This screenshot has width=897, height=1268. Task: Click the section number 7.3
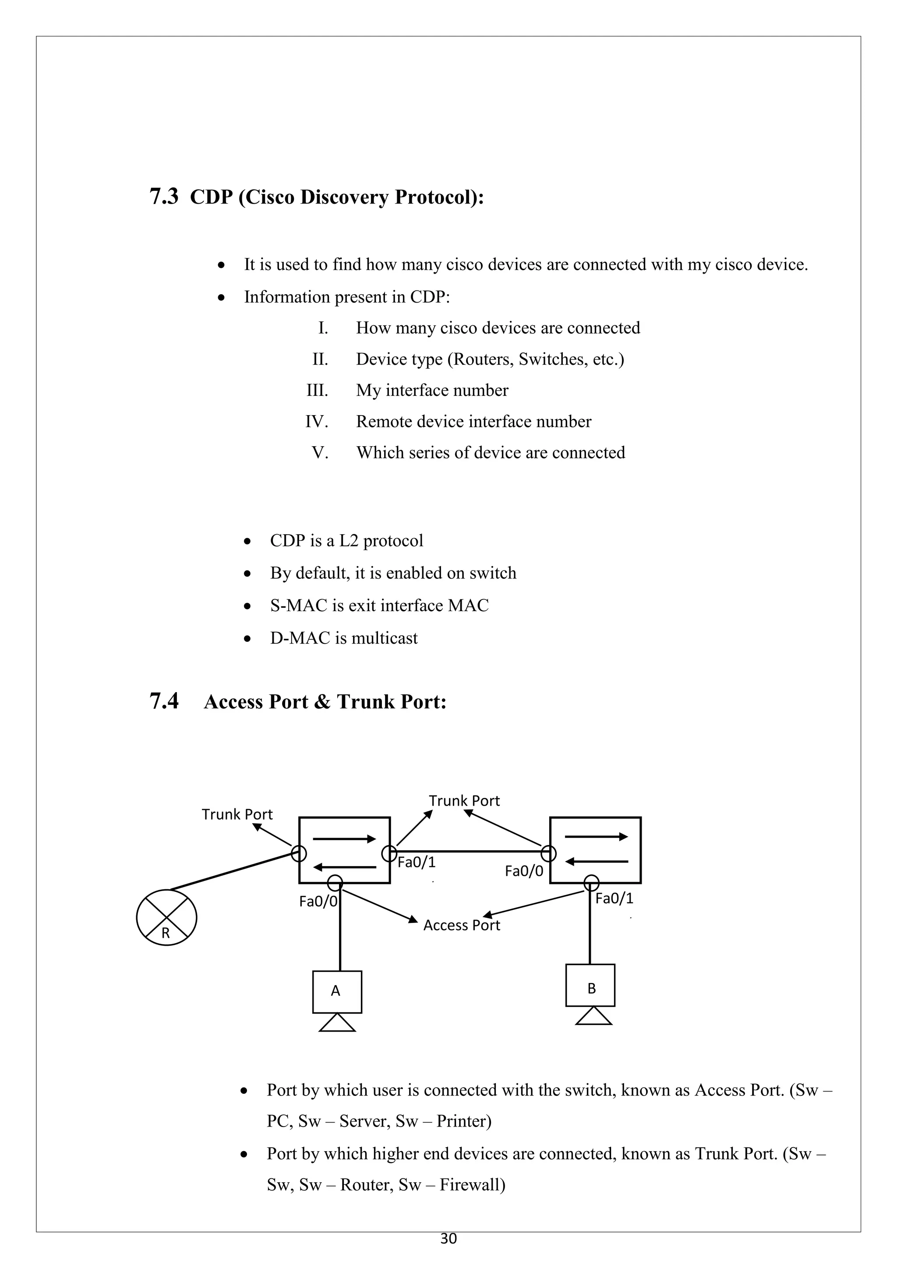click(164, 197)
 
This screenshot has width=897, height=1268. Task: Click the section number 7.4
click(164, 701)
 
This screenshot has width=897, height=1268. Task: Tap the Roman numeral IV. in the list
click(317, 421)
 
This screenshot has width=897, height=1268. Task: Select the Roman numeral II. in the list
click(320, 359)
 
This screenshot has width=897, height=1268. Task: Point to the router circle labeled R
click(166, 917)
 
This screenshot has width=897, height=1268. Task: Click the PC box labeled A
click(337, 991)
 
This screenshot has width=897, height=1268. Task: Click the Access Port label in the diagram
click(461, 925)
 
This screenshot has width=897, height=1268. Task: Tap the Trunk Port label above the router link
click(237, 814)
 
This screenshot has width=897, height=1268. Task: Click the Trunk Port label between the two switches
click(464, 800)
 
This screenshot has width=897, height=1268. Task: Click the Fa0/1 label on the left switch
click(417, 862)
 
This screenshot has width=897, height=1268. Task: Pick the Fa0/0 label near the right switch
click(524, 871)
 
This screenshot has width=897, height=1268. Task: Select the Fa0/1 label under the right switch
click(614, 898)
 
